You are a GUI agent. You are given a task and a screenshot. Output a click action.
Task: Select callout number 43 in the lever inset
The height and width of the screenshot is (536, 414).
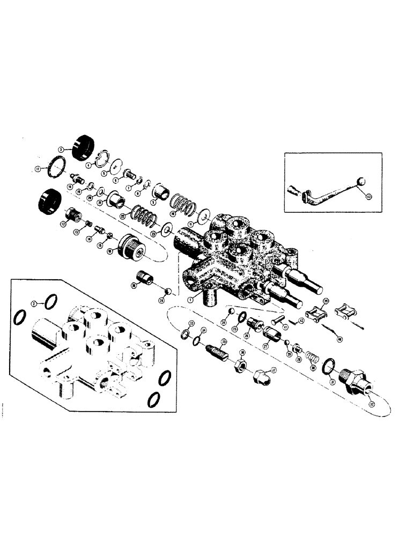[x=366, y=197]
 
